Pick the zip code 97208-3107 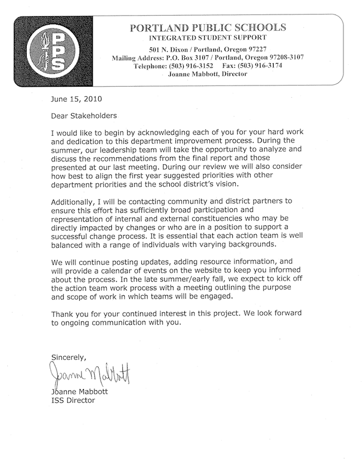pos(294,58)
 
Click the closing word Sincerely pos(69,357)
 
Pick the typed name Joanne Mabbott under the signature pos(77,392)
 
